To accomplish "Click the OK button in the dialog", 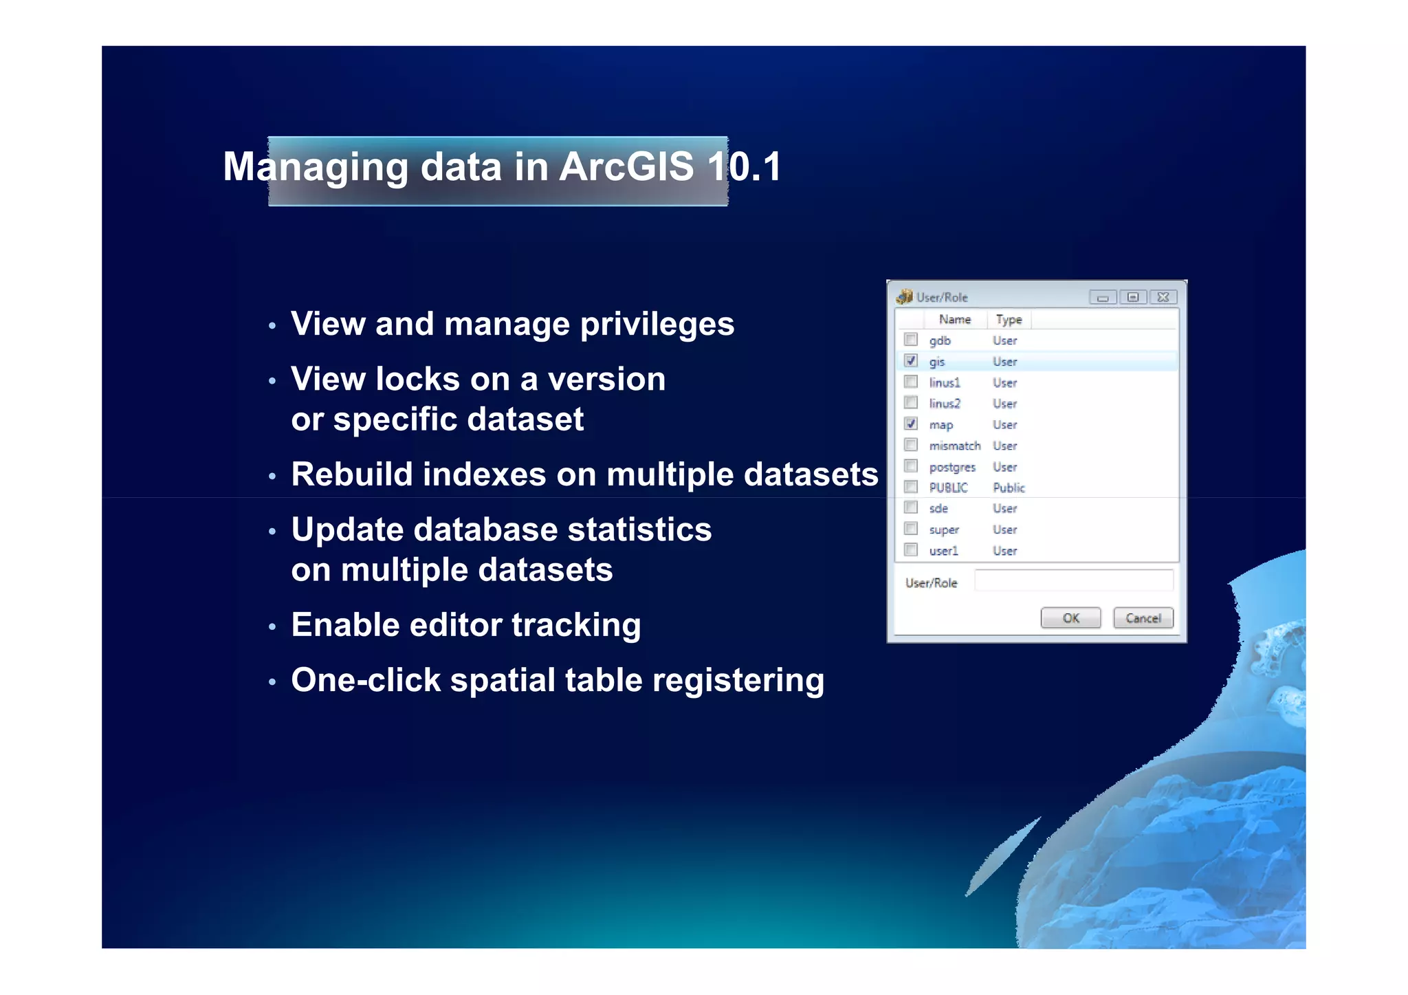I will (x=1070, y=617).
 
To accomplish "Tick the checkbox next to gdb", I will (x=911, y=340).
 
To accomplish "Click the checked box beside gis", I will (x=911, y=360).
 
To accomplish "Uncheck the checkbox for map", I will (x=911, y=424).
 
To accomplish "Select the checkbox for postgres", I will (x=911, y=466).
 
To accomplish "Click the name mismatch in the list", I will (x=954, y=446).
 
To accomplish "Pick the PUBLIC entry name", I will (x=948, y=488).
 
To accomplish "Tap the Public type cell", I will (x=1009, y=488).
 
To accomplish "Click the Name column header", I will (x=954, y=319).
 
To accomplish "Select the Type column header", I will (x=1009, y=319).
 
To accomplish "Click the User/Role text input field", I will (x=1073, y=581).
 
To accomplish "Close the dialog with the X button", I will (x=1163, y=297).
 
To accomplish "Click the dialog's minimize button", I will (x=1103, y=297).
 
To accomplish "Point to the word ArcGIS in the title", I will (x=626, y=166).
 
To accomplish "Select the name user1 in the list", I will (x=943, y=551).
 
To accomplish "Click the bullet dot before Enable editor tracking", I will (x=272, y=626).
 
